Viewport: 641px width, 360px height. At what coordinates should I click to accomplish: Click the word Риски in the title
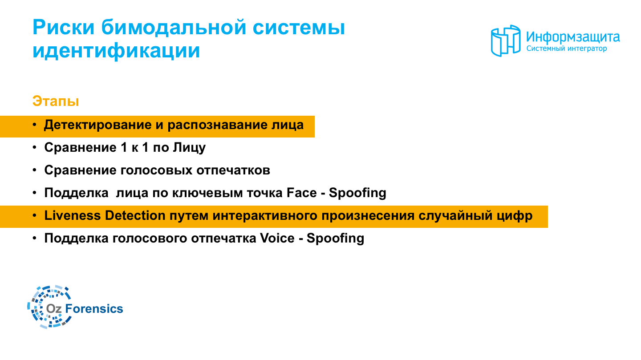pos(63,28)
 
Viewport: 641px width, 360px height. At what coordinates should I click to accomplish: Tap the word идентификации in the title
pos(116,51)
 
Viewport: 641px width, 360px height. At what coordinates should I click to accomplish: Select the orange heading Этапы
pos(56,101)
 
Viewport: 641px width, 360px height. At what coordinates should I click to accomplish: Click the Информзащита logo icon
pos(505,40)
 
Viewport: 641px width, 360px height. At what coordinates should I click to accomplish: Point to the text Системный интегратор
pos(567,49)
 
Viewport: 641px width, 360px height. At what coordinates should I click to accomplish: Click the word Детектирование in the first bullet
pos(97,125)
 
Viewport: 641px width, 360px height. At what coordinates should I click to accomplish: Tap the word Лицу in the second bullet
pos(189,148)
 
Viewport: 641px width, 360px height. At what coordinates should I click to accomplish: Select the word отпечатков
pos(233,170)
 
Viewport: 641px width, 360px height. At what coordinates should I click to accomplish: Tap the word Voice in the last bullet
pos(277,238)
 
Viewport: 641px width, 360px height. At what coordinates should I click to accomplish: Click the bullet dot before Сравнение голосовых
pos(35,170)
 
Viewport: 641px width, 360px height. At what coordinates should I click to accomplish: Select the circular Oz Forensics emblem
pos(49,307)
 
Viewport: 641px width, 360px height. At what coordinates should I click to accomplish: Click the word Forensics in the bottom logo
pos(94,309)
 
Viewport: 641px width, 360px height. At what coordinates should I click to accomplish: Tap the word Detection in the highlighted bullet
pos(135,215)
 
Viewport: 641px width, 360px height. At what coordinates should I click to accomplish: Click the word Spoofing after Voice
pos(335,239)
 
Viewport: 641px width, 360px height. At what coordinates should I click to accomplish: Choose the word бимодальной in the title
pos(174,28)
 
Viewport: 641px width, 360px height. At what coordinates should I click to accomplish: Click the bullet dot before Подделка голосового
pos(35,238)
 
